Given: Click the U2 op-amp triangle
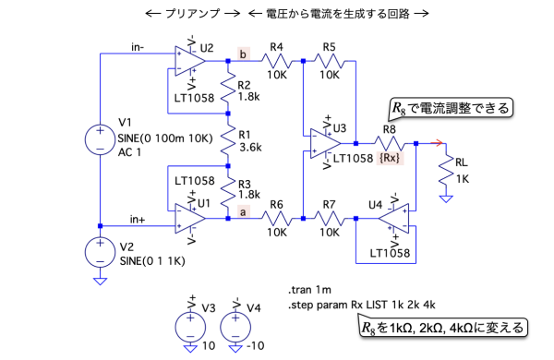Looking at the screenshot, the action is pos(189,61).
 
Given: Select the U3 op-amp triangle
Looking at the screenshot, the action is pos(325,143).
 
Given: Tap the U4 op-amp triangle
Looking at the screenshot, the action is pos(394,219).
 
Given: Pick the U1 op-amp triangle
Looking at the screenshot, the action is pos(189,219).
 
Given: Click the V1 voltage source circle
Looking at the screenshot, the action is pos(100,140).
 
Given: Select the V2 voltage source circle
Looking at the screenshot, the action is pos(100,253).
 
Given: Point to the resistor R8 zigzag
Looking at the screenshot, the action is pos(390,143).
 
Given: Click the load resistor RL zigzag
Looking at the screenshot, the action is pos(446,170).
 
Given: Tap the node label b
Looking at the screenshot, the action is pos(243,54).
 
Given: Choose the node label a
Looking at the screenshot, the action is pos(243,211).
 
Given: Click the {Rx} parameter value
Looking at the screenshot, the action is pos(390,158).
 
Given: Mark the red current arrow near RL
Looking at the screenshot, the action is pos(437,143).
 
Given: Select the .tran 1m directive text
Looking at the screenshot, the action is pos(310,290).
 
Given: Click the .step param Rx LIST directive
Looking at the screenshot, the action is pos(362,305).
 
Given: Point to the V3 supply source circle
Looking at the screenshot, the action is pos(190,327).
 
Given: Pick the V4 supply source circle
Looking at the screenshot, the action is pos(235,327).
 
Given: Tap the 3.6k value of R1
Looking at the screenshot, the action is pos(250,147).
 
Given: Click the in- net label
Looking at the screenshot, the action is pos(138,47).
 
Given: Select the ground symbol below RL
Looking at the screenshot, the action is pos(446,199).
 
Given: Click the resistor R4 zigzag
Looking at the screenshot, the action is pos(277,61).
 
